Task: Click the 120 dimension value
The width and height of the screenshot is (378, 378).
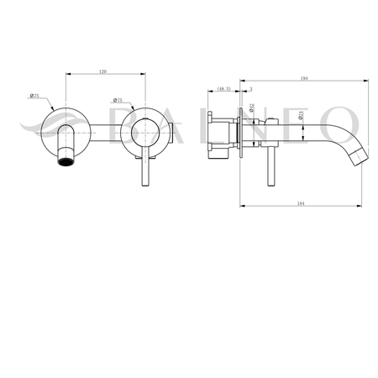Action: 103,72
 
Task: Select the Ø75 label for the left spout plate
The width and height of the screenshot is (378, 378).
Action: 34,97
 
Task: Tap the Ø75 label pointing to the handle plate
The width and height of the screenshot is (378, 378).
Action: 118,101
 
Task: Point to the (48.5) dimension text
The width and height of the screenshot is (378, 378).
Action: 224,88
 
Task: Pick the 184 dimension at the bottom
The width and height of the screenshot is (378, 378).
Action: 302,200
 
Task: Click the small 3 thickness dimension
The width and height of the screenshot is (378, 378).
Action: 249,88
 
